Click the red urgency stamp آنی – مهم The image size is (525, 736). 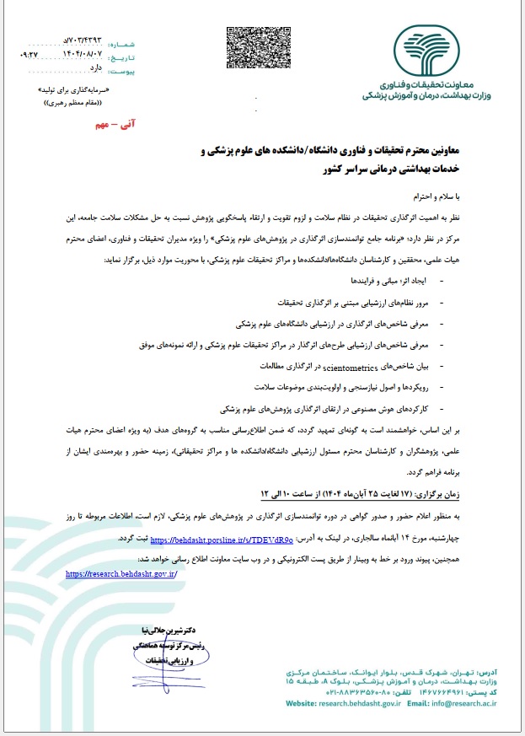coord(117,124)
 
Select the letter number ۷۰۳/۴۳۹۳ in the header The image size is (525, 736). coord(81,40)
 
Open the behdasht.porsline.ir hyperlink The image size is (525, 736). coord(222,536)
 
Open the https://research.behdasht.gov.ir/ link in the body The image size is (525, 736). coord(121,573)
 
